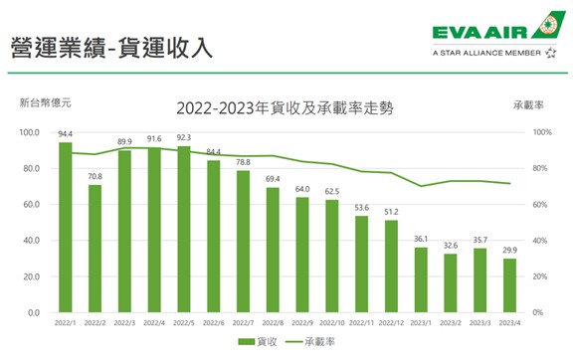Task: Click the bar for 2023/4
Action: point(510,285)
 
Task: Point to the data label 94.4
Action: point(66,133)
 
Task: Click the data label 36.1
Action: point(421,239)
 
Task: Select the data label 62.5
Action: point(332,191)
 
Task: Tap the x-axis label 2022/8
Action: point(273,322)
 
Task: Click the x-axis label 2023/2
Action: point(451,322)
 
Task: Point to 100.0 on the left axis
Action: point(27,131)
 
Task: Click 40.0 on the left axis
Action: point(29,240)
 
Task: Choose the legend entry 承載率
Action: point(323,342)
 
